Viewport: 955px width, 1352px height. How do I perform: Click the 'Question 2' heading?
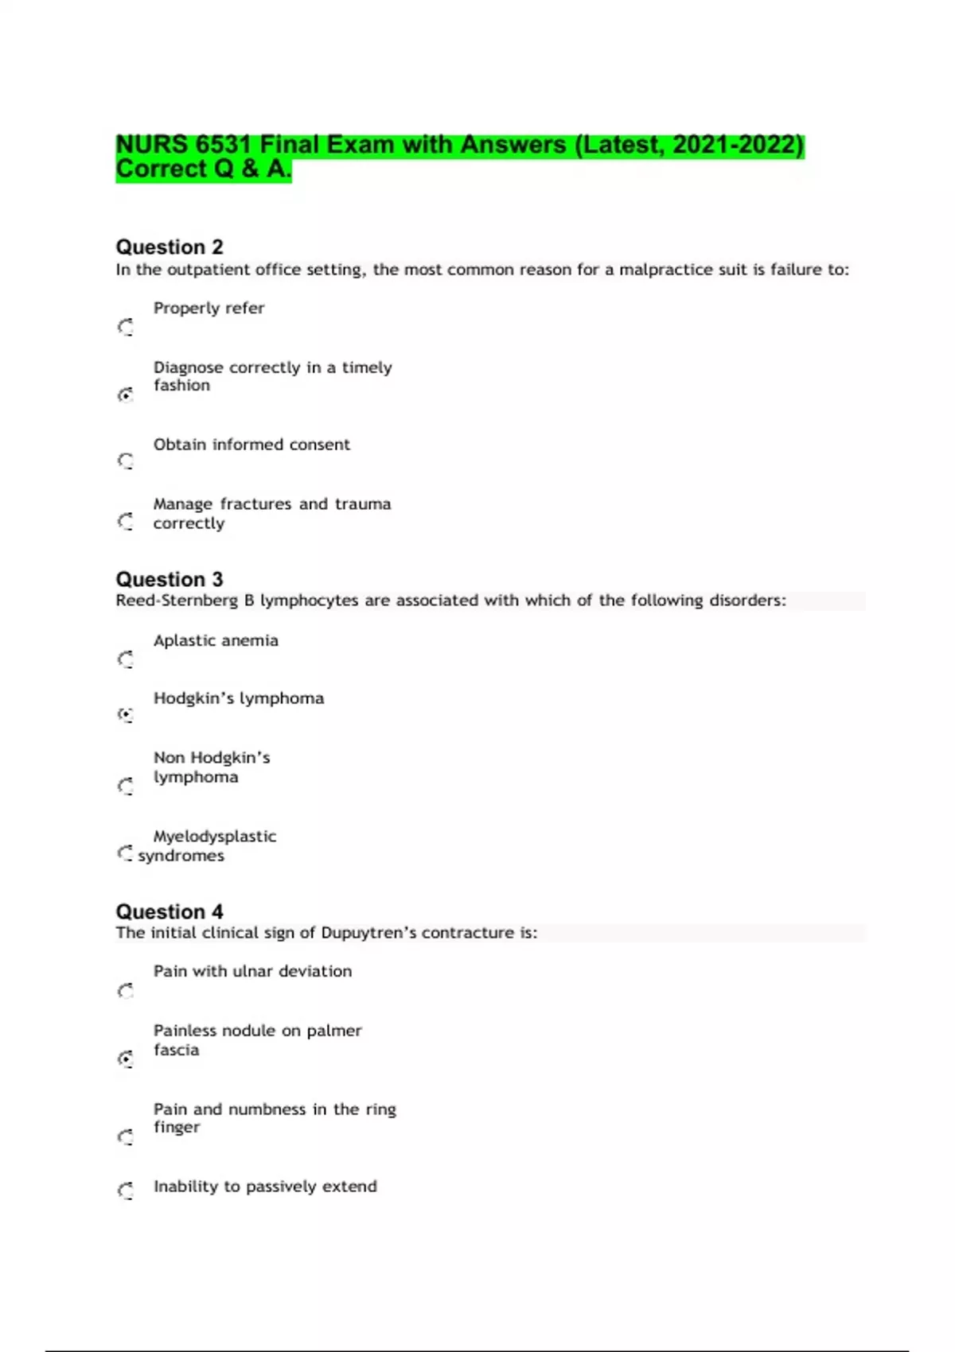click(x=170, y=247)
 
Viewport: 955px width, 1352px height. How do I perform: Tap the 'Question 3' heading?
click(x=170, y=579)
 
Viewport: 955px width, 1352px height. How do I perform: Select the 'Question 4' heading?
click(x=170, y=911)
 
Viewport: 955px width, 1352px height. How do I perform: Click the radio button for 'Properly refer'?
click(x=126, y=327)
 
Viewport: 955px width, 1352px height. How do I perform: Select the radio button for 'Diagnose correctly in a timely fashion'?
click(x=126, y=394)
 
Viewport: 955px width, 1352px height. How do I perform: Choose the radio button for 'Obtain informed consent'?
click(x=126, y=461)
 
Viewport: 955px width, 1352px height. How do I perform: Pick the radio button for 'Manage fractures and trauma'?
click(x=126, y=521)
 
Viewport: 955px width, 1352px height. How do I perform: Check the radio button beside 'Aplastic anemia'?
click(x=126, y=659)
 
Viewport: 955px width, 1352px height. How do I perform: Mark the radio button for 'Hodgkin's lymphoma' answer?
click(x=126, y=715)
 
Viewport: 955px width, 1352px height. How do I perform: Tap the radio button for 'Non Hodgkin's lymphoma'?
click(x=126, y=786)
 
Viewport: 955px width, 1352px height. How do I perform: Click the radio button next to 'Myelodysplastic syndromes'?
click(x=125, y=853)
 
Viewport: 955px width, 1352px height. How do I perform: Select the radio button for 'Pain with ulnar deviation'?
click(x=126, y=991)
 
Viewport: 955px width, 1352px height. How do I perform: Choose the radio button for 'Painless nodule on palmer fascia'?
click(x=126, y=1059)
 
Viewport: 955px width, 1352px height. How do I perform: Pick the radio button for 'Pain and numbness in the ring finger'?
click(x=126, y=1137)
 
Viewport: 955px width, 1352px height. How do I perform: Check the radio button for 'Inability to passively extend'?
click(x=126, y=1191)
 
